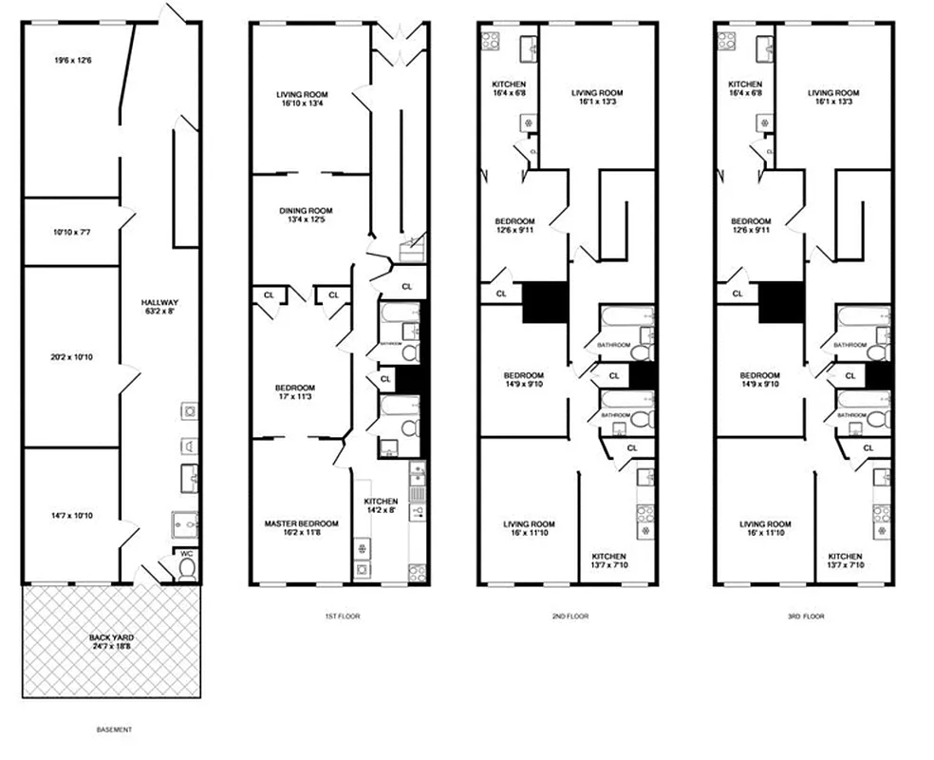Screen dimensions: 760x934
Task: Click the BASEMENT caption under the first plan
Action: tap(114, 730)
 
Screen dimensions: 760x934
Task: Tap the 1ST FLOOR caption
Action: tap(342, 617)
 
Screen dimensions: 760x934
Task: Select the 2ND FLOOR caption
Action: tap(570, 617)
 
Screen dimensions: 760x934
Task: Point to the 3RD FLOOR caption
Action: tap(806, 617)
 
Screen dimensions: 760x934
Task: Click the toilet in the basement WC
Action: tap(186, 567)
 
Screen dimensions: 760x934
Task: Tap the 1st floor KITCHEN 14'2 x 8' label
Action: tap(380, 505)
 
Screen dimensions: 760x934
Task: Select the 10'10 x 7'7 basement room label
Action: tap(72, 231)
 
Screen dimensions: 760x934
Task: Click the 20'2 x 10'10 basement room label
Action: tap(72, 357)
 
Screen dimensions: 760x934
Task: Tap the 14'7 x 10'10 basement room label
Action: tap(72, 516)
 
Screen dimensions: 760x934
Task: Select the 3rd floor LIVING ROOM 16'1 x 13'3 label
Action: tap(834, 97)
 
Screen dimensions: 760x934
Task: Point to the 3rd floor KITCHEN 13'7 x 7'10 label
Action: tap(845, 561)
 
